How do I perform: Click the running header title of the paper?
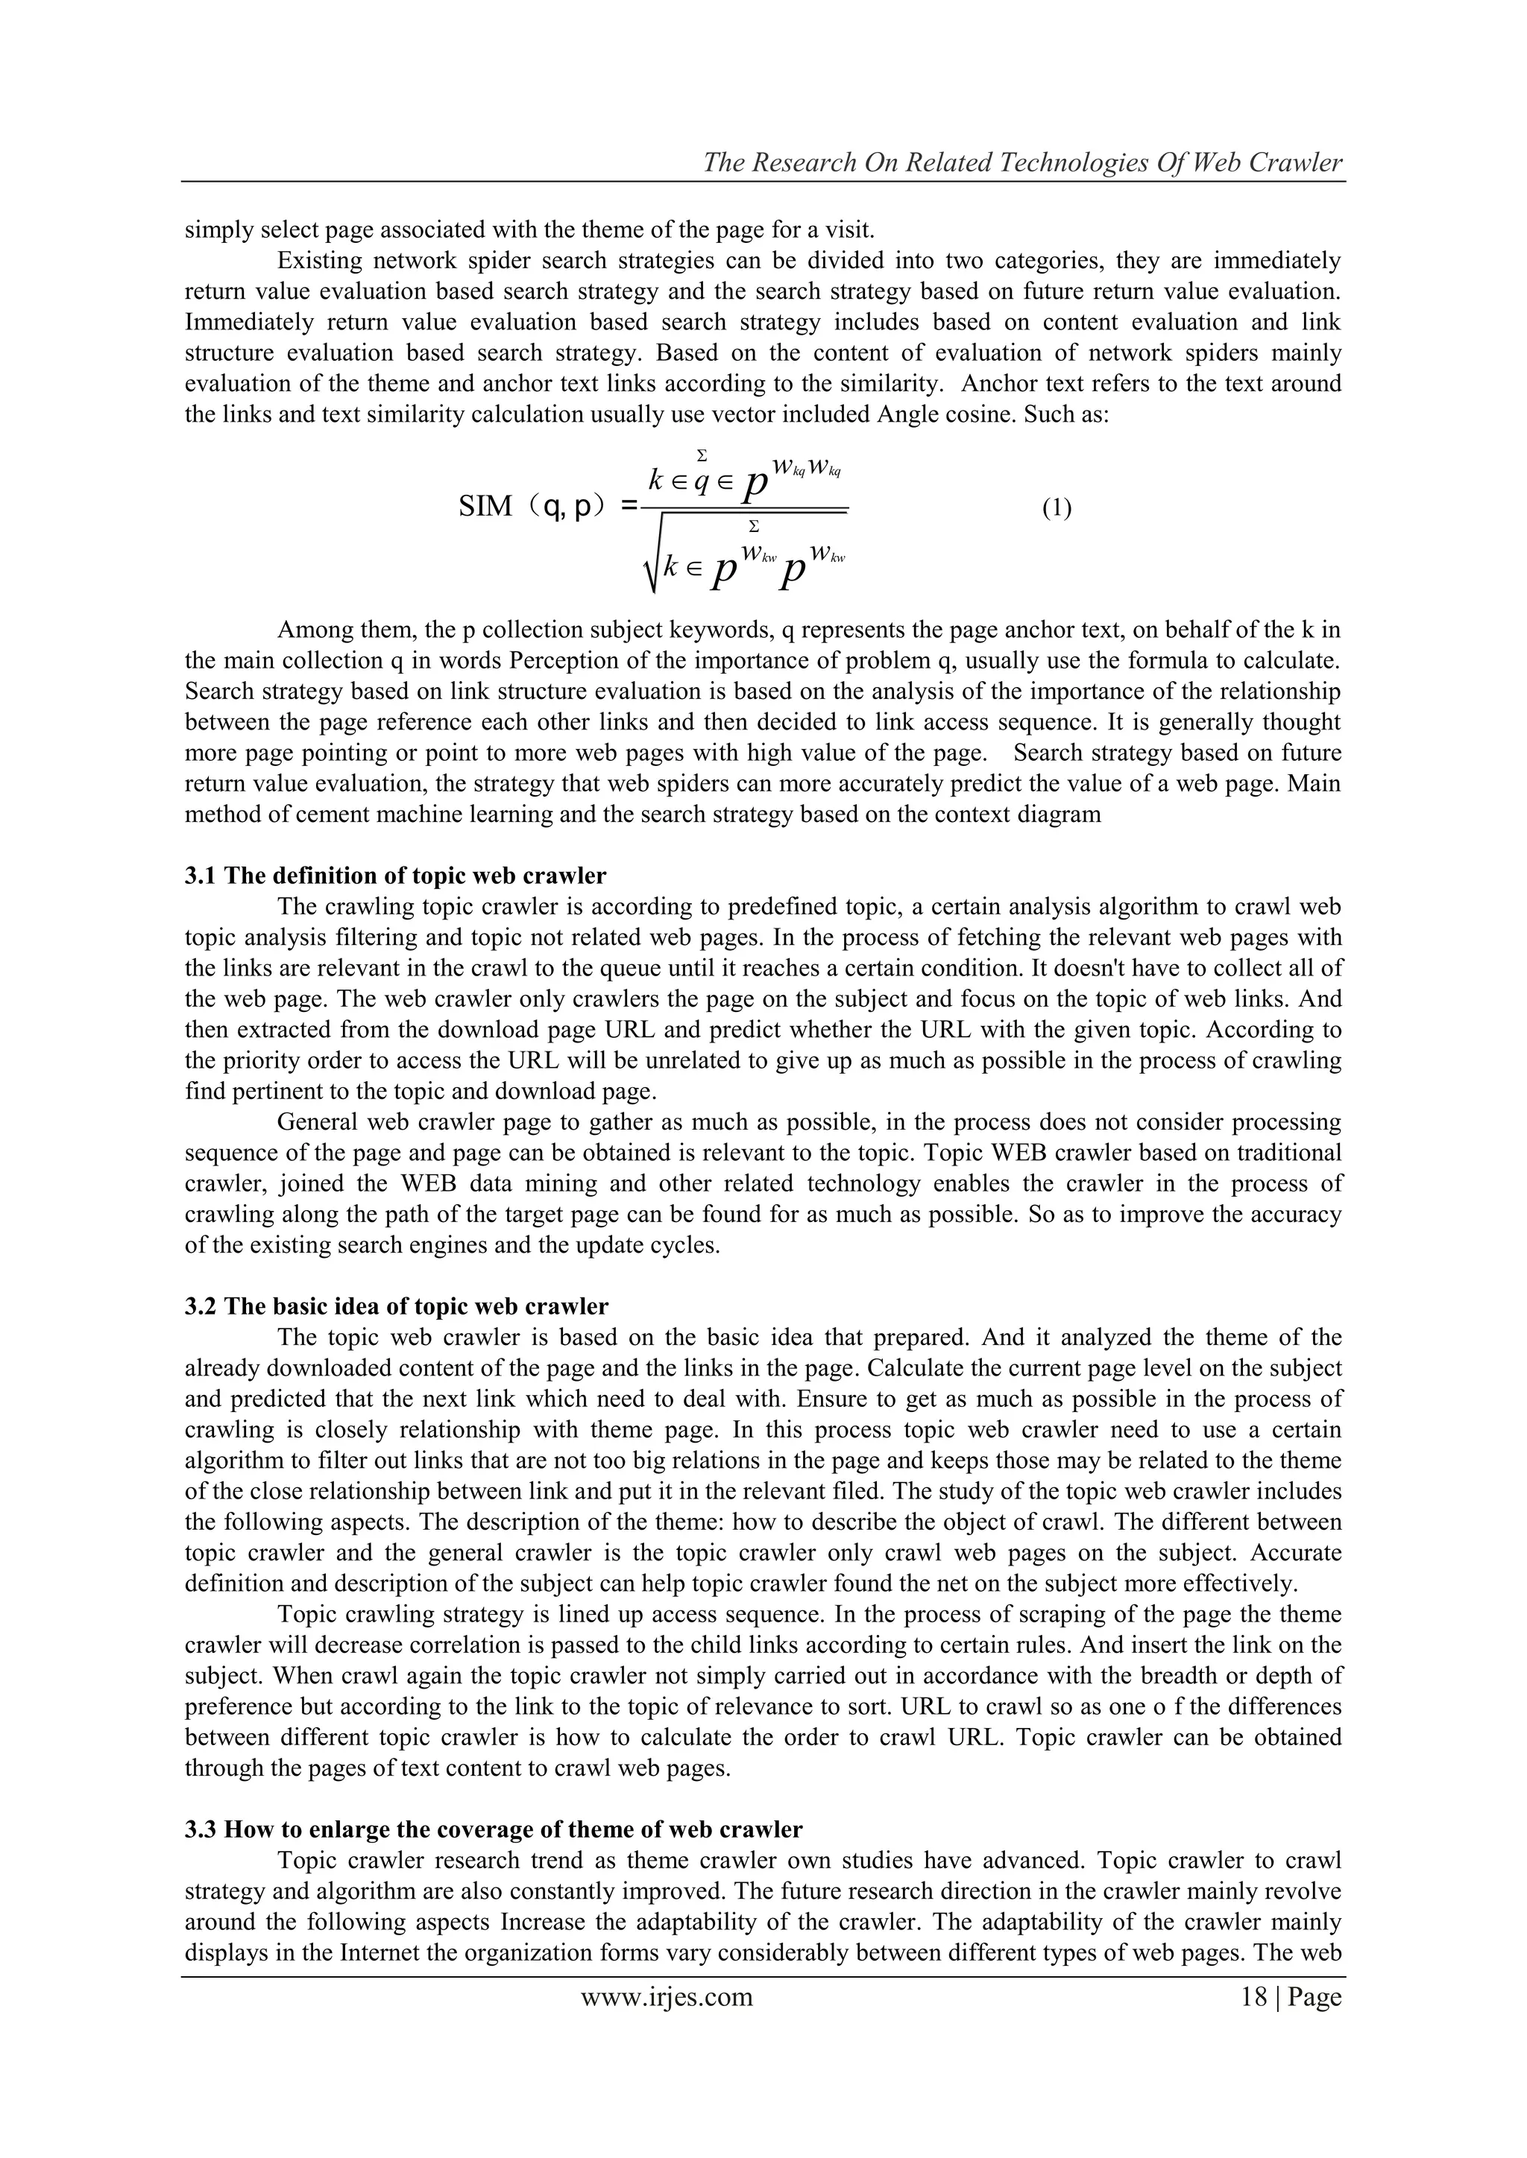pyautogui.click(x=1023, y=162)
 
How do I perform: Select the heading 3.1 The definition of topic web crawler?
pyautogui.click(x=395, y=876)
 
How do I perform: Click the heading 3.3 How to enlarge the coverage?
pyautogui.click(x=493, y=1829)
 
